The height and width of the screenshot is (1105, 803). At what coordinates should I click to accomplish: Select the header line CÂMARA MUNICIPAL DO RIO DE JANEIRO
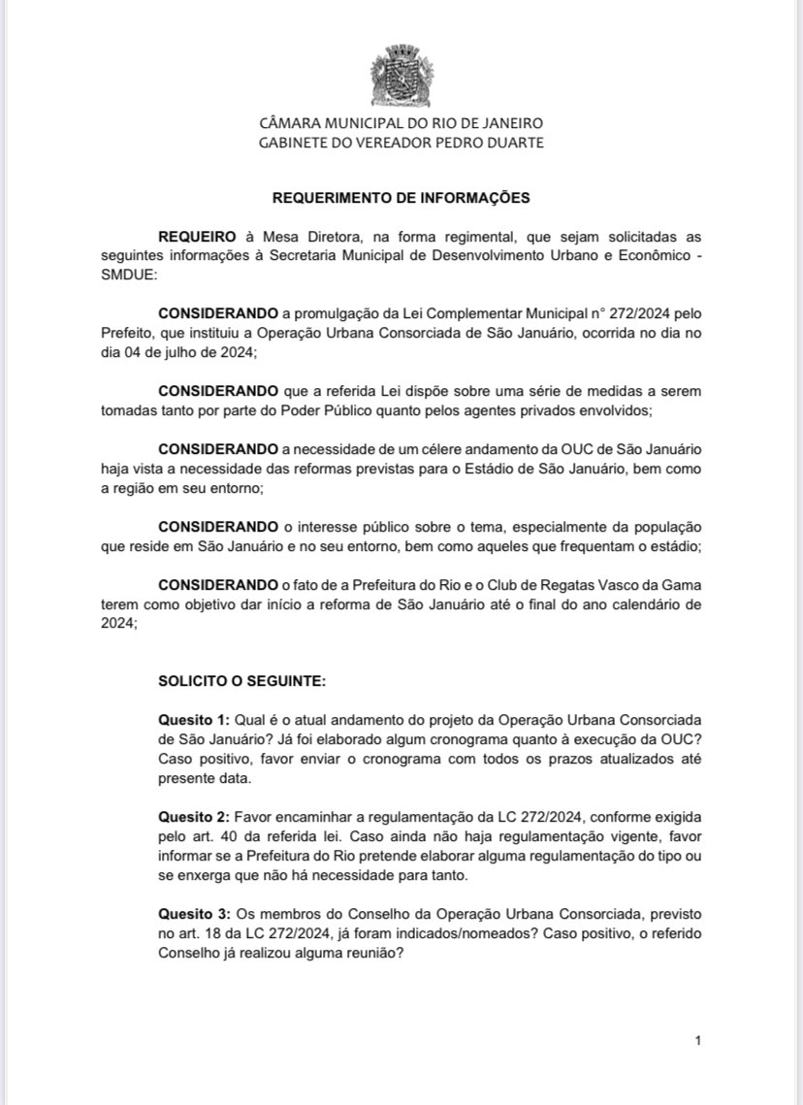[x=401, y=124]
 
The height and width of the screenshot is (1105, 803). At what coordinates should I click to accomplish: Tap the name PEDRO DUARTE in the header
[x=493, y=143]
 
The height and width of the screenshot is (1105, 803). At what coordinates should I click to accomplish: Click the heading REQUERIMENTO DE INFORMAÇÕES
[x=401, y=198]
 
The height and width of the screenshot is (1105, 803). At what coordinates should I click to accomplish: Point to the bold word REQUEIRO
[x=198, y=236]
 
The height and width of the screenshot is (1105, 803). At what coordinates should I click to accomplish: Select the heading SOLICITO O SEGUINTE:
[x=242, y=682]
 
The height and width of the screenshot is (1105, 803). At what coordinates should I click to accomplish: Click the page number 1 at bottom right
[x=698, y=1041]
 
